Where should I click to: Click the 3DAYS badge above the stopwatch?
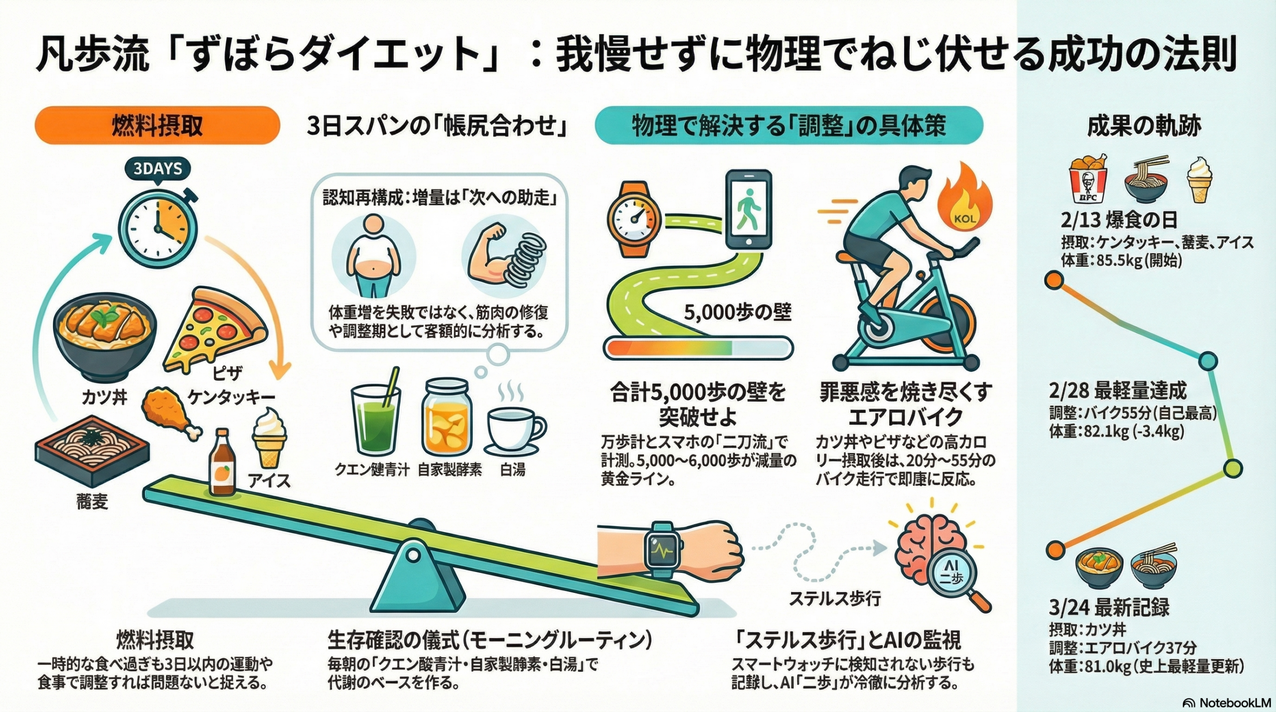click(158, 169)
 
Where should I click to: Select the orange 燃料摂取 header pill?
click(157, 126)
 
